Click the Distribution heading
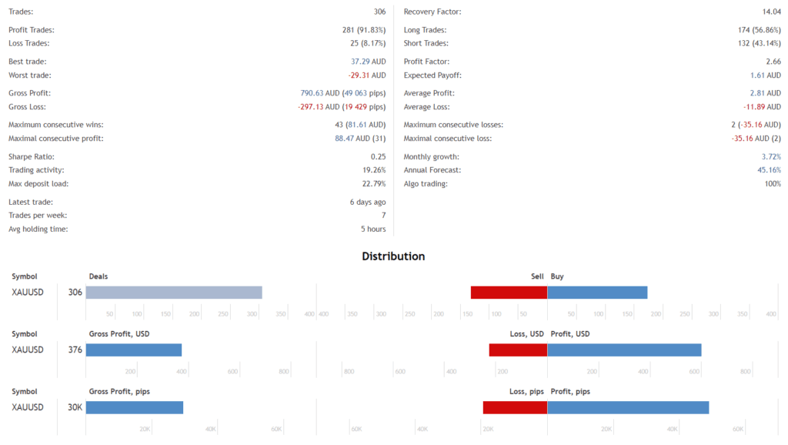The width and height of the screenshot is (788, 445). (x=393, y=256)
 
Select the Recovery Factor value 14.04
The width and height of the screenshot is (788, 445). (x=770, y=12)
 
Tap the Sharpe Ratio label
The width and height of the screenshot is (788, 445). (x=32, y=156)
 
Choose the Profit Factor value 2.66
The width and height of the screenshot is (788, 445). (x=773, y=62)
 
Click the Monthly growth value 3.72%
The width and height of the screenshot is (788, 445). (x=771, y=156)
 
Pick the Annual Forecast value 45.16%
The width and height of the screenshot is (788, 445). (x=770, y=170)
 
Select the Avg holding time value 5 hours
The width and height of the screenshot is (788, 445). (x=372, y=229)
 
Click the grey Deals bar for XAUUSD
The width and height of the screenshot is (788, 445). (x=174, y=293)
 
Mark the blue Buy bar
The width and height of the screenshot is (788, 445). (x=597, y=293)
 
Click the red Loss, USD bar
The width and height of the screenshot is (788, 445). (x=518, y=350)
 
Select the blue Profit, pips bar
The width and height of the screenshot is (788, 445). (x=628, y=407)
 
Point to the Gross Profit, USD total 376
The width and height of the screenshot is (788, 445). (x=75, y=350)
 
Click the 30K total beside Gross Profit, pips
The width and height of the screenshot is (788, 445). (x=75, y=407)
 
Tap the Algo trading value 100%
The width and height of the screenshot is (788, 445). (x=772, y=184)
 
